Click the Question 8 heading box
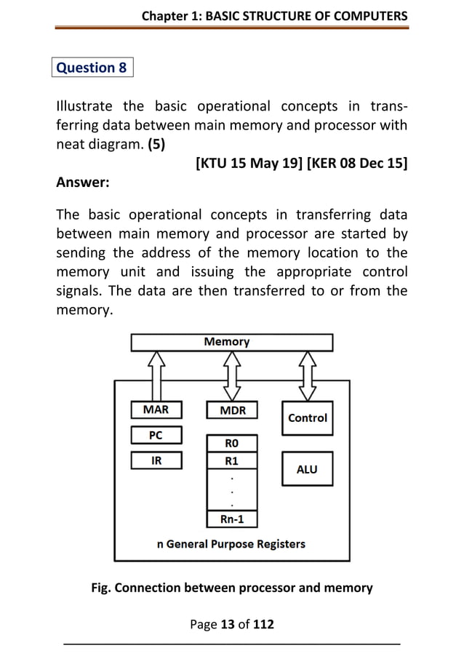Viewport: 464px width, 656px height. [92, 68]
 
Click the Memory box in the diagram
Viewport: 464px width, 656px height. [231, 342]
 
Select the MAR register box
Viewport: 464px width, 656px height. [156, 410]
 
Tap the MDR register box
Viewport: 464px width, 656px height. [232, 410]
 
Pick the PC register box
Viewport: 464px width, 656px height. [156, 436]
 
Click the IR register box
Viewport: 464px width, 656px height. [156, 460]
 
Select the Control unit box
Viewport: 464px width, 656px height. [307, 418]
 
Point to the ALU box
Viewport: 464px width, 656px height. [307, 469]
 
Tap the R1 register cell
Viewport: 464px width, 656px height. [231, 461]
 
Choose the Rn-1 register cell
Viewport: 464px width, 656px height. [231, 519]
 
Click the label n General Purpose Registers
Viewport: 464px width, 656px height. [231, 544]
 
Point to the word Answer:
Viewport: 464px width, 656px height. [83, 183]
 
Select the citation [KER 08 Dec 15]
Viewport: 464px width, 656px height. [357, 164]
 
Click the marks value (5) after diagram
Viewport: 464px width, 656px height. [156, 144]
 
